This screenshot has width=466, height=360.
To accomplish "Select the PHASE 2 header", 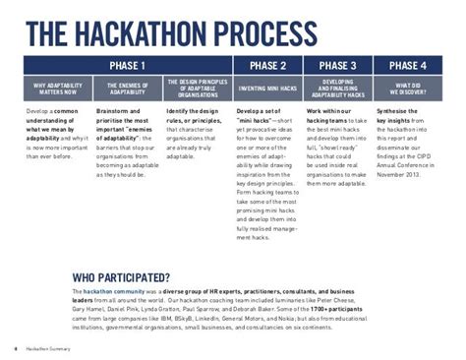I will tap(267, 66).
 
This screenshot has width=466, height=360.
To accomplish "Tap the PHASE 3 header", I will tap(338, 66).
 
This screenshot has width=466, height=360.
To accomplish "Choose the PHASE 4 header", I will tap(407, 66).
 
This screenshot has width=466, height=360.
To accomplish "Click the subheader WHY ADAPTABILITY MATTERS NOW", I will tap(58, 89).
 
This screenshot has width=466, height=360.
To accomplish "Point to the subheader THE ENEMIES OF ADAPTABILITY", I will tap(128, 89).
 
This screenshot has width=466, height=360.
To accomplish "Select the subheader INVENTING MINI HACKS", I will tap(267, 89).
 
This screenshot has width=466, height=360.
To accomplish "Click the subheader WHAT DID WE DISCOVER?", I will tap(407, 89).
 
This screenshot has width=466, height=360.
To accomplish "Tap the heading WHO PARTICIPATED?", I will tap(123, 277).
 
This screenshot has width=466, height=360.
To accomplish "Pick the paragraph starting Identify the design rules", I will tap(196, 134).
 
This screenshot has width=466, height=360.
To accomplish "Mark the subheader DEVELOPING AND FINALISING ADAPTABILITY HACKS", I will tap(338, 89).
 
